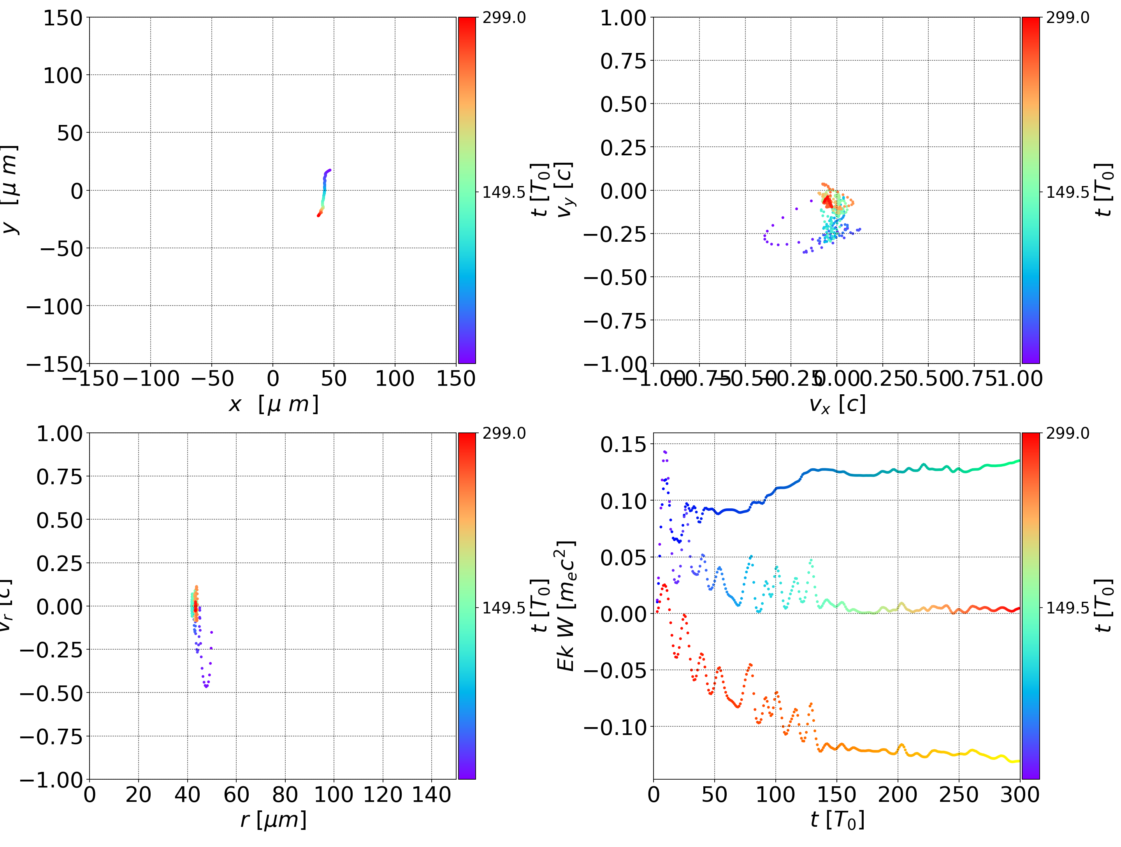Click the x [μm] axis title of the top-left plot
(x=273, y=404)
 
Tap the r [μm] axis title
(x=273, y=820)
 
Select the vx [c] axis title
(x=837, y=404)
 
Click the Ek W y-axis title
(x=566, y=606)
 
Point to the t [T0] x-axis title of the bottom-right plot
(x=837, y=820)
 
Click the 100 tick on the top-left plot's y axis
(x=62, y=76)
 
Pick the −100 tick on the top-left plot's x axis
(x=151, y=379)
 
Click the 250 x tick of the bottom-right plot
(x=959, y=794)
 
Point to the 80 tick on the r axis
(x=285, y=794)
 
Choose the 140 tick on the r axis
(x=431, y=794)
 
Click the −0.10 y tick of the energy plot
(x=615, y=728)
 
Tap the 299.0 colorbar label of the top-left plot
(x=504, y=18)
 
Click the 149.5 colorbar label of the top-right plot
(x=1067, y=192)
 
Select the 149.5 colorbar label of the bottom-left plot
(x=504, y=607)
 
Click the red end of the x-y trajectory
(x=318, y=215)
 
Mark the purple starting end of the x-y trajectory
(x=330, y=170)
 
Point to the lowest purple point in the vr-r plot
(x=206, y=686)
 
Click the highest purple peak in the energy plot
(x=664, y=451)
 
